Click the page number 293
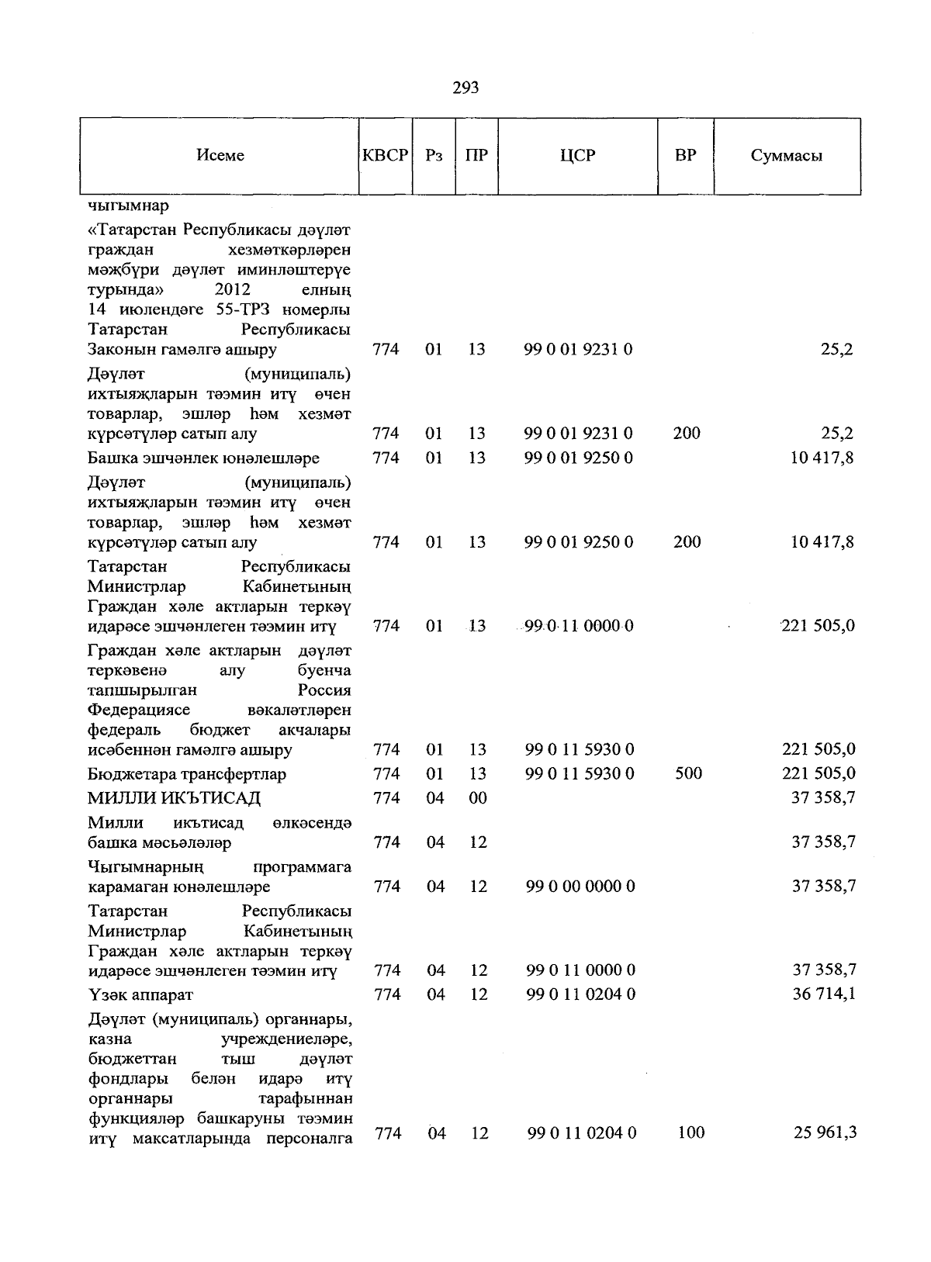coord(465,88)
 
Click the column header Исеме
coord(220,155)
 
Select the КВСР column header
coord(385,155)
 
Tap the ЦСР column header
coord(577,155)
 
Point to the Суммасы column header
coord(786,155)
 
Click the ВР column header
coord(686,155)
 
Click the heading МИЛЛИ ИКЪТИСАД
coord(174,798)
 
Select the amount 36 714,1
coord(823,994)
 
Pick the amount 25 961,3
coord(825,1132)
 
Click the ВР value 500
coord(688,773)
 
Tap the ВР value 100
coord(690,1132)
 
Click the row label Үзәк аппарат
coord(140,994)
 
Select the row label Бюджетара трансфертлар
coord(187,774)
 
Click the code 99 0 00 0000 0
coord(580,886)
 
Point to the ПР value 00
coord(478,798)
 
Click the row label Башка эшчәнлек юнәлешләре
coord(203,458)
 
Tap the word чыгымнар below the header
coord(129,206)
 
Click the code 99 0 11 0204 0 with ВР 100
coord(582,1133)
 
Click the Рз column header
coord(434,155)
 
